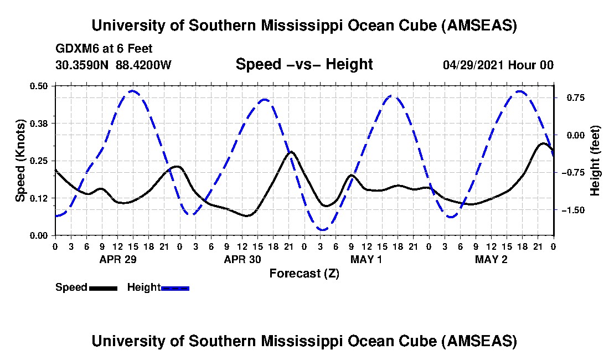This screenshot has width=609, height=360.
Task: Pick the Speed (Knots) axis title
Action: click(x=20, y=161)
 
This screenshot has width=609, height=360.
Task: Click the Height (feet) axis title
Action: click(x=595, y=161)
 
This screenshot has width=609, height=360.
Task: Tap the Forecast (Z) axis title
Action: click(x=304, y=274)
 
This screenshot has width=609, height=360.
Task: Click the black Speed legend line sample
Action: click(x=103, y=288)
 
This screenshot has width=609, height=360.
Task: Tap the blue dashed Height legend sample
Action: click(x=175, y=288)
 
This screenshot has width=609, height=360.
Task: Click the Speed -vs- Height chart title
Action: click(x=304, y=65)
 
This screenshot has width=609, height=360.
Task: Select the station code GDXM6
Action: click(x=75, y=49)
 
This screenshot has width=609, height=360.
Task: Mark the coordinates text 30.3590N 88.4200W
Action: click(x=113, y=65)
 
